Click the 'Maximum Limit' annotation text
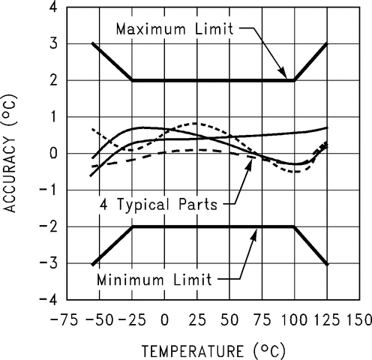pos(175,28)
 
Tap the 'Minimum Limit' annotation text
pos(154,280)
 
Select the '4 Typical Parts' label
pos(159,205)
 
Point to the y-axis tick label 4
pos(53,7)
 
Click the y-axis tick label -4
pos(49,299)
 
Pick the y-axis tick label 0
pos(53,153)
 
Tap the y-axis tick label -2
pos(49,226)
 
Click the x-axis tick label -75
pos(64,320)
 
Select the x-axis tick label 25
pos(197,320)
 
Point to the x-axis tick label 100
pos(294,320)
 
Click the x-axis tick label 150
pos(359,320)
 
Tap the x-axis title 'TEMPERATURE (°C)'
pos(214,350)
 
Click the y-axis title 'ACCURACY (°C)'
pos(10,153)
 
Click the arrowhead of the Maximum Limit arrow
pos(285,76)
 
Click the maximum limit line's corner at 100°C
pos(294,80)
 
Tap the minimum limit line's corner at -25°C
pos(133,226)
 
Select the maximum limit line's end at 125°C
pos(327,43)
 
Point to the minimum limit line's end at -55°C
pos(92,265)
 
